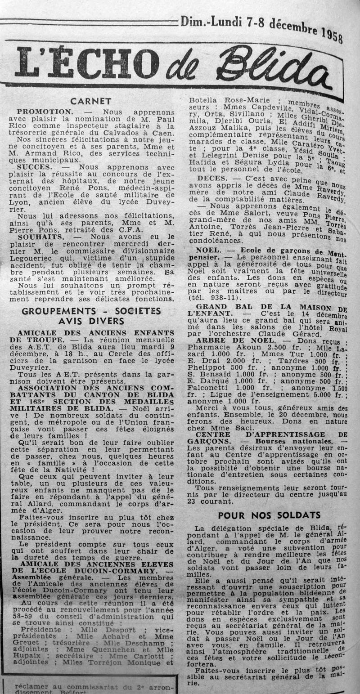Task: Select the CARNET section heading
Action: tap(91, 101)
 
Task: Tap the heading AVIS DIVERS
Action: tap(90, 321)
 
